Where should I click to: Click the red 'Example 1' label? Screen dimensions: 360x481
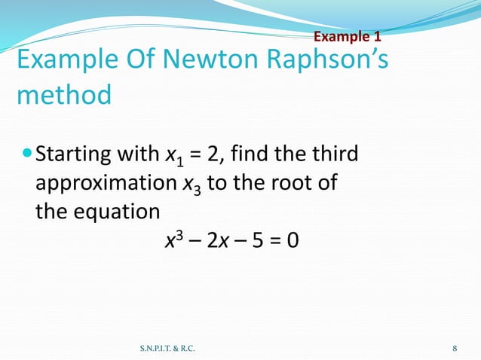[x=347, y=36]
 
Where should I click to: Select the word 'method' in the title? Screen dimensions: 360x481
[x=63, y=96]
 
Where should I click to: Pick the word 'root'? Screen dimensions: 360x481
[x=278, y=185]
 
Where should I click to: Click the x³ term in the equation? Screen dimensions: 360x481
[x=170, y=240]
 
